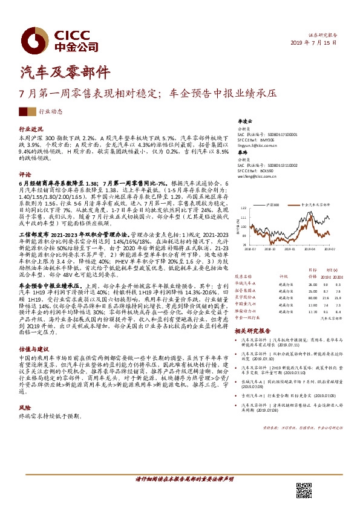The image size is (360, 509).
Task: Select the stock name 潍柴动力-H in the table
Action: pos(246,311)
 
